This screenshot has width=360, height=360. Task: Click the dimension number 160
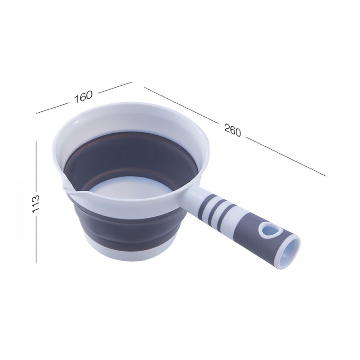pos(84,96)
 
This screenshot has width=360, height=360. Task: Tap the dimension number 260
pos(233,130)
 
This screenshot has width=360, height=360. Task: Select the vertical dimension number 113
pos(36,203)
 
